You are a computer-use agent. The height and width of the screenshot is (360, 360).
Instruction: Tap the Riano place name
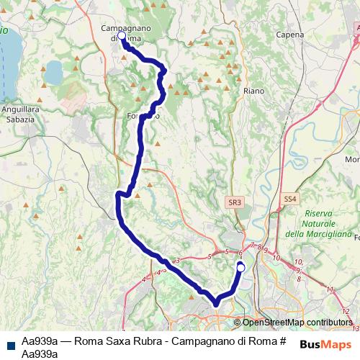pyautogui.click(x=253, y=91)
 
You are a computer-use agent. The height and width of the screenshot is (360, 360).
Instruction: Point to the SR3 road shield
pyautogui.click(x=233, y=204)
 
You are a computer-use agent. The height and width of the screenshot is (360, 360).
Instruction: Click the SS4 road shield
pyautogui.click(x=290, y=197)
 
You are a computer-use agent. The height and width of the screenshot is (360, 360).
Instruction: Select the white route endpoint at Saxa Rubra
pyautogui.click(x=241, y=267)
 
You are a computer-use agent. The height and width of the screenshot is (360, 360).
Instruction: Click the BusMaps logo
pyautogui.click(x=326, y=345)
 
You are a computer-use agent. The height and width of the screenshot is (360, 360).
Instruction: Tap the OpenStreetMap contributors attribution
pyautogui.click(x=297, y=323)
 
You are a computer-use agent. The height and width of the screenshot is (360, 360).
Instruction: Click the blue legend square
pyautogui.click(x=9, y=344)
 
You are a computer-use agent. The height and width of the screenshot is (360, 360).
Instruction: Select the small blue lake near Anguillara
pyautogui.click(x=54, y=72)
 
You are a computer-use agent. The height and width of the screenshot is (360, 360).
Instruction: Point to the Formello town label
pyautogui.click(x=143, y=115)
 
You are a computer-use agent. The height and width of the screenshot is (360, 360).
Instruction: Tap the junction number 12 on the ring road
pyautogui.click(x=330, y=290)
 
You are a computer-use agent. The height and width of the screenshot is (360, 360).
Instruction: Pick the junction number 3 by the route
pyautogui.click(x=176, y=260)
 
